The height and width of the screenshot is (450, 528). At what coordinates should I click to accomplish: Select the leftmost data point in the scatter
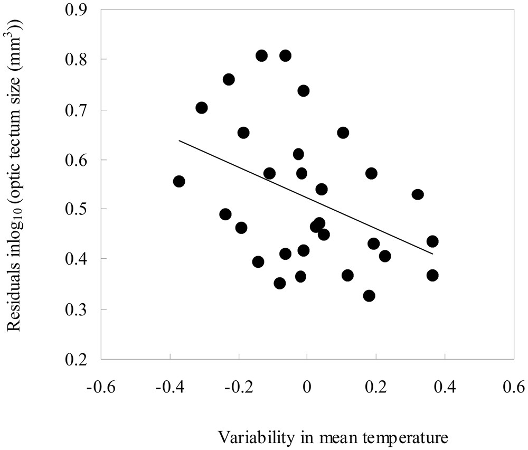(179, 181)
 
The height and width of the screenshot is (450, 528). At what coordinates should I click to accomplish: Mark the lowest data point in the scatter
(369, 295)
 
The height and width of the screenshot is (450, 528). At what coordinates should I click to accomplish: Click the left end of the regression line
(179, 140)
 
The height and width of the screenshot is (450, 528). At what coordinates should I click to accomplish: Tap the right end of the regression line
(432, 254)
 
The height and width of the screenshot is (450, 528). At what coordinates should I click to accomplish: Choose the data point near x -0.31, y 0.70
(201, 108)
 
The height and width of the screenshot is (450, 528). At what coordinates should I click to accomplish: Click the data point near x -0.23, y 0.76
(229, 79)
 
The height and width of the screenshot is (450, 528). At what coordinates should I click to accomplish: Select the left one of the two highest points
(261, 55)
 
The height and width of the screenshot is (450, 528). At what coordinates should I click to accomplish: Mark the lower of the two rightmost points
(432, 275)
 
